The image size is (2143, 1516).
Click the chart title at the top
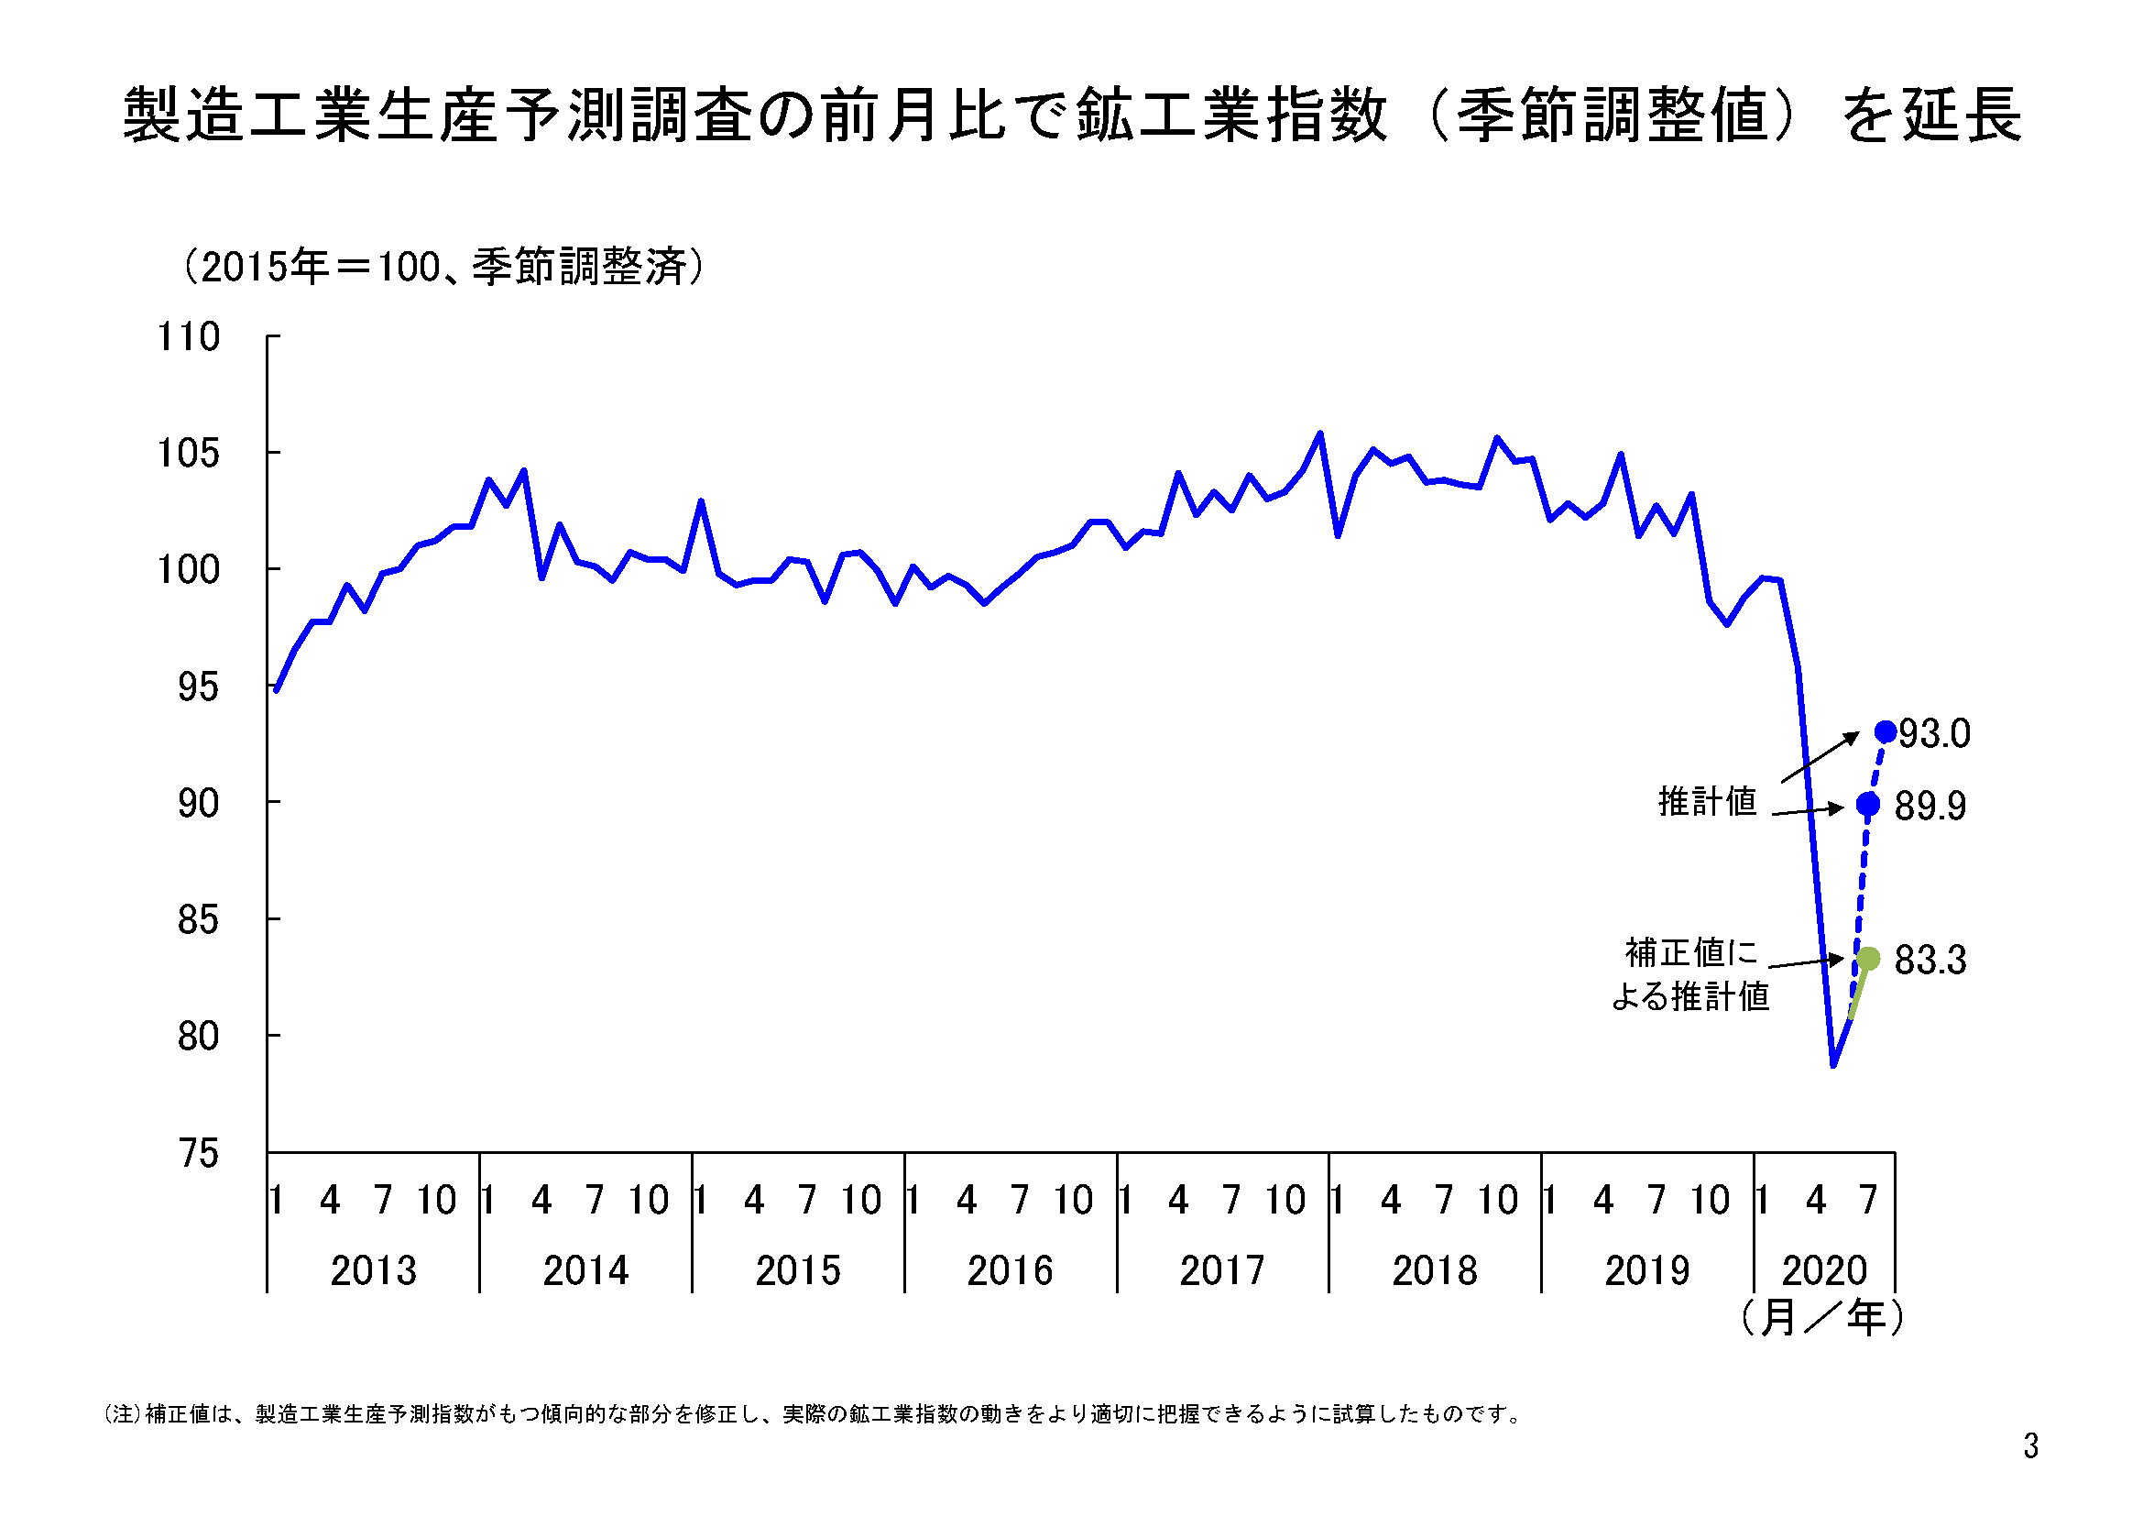1072,115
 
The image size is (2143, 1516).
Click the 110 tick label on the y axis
189,337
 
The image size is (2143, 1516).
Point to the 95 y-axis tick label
198,687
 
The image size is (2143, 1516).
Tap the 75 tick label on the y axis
198,1154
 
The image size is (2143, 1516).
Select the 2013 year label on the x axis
373,1270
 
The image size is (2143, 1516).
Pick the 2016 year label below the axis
1010,1270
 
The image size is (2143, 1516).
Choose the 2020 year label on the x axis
1824,1270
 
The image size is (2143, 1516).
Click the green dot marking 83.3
1867,958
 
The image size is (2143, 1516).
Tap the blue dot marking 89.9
1867,804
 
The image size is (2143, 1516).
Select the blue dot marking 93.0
1886,731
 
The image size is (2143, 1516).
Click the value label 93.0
1934,734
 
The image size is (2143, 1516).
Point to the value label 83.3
1930,960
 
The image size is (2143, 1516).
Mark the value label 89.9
1930,806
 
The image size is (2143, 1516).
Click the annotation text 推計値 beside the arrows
1707,802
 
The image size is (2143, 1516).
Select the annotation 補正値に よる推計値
1690,974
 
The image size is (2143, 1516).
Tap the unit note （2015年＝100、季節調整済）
443,267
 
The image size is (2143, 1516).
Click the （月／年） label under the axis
1821,1317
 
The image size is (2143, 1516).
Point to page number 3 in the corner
2030,1446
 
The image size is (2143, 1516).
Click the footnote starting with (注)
812,1414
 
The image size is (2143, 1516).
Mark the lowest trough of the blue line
1833,1064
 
